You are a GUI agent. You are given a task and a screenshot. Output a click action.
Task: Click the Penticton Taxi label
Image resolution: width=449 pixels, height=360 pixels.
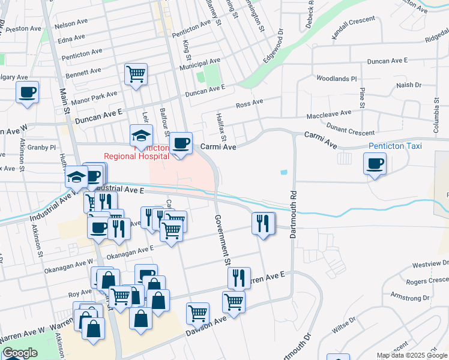pyautogui.click(x=394, y=146)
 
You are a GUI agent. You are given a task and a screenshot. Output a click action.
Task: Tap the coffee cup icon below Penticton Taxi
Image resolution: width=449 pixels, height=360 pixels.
pyautogui.click(x=375, y=163)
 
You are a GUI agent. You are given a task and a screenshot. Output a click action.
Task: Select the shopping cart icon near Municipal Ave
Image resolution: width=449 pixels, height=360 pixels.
pyautogui.click(x=136, y=74)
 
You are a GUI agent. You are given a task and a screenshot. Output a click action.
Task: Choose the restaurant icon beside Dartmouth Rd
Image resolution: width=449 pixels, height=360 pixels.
pyautogui.click(x=263, y=223)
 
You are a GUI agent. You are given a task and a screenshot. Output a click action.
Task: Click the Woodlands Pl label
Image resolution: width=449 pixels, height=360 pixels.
pyautogui.click(x=336, y=79)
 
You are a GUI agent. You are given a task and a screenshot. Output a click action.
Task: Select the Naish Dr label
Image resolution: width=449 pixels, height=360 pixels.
pyautogui.click(x=409, y=86)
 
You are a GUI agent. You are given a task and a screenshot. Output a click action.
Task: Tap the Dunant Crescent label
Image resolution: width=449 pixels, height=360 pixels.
pyautogui.click(x=350, y=127)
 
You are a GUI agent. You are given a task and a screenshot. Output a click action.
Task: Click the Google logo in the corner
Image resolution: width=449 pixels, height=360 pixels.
pyautogui.click(x=20, y=353)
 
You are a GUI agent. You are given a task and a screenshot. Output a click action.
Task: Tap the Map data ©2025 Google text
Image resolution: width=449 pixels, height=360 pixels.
pyautogui.click(x=412, y=355)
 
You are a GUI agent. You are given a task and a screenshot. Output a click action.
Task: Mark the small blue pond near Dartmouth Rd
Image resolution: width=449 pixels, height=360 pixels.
pyautogui.click(x=283, y=173)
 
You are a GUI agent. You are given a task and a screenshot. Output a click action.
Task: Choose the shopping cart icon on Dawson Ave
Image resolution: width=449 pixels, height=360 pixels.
pyautogui.click(x=197, y=312)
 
